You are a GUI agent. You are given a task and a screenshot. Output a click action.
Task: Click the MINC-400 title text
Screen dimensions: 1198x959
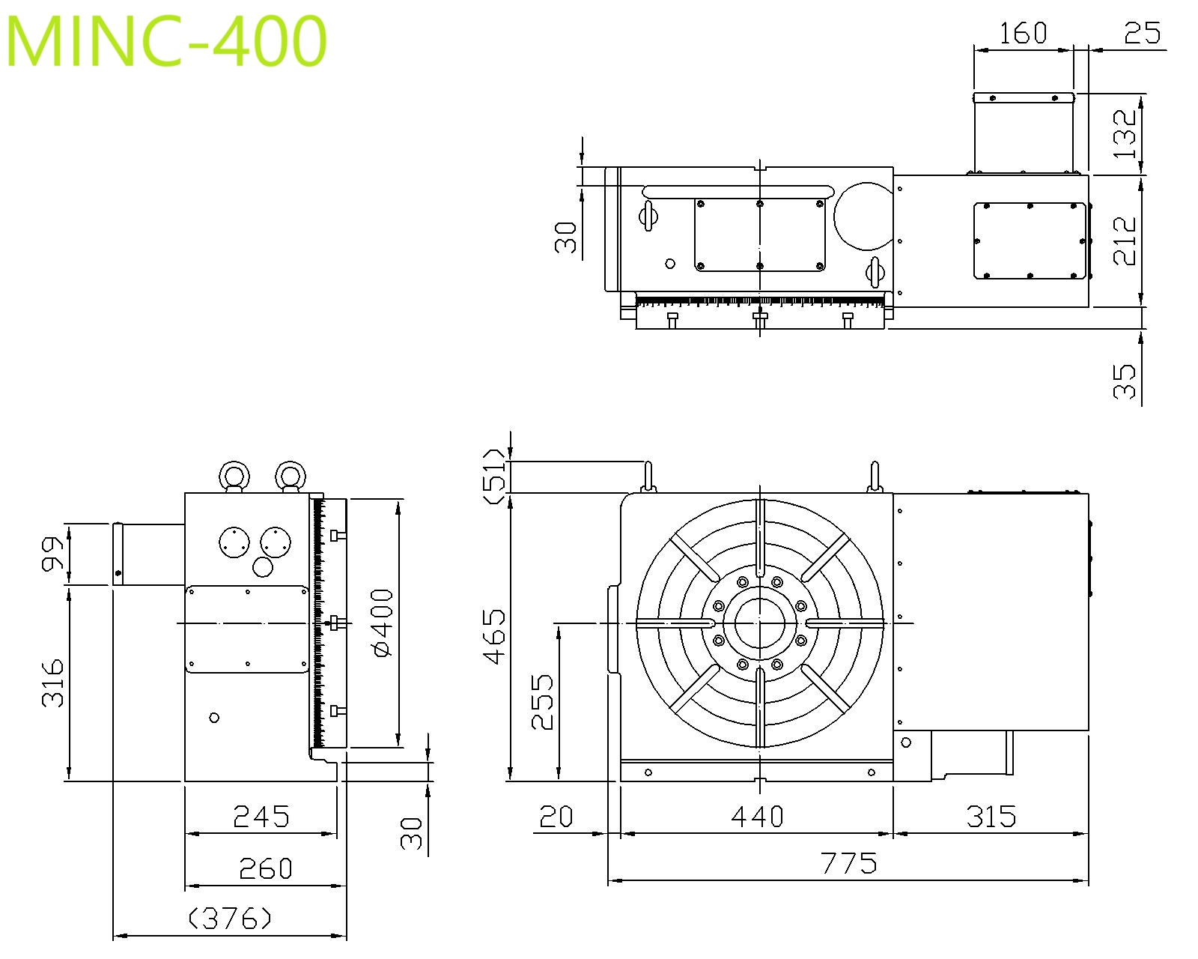(165, 40)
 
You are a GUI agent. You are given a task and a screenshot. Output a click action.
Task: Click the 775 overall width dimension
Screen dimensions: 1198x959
(848, 863)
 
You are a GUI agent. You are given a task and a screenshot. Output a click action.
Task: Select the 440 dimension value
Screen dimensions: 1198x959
(757, 817)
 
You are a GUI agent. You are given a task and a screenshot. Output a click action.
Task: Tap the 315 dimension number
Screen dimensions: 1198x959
(991, 817)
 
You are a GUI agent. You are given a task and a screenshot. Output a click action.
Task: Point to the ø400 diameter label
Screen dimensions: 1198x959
(383, 623)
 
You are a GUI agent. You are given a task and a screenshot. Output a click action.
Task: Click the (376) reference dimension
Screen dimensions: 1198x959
(230, 918)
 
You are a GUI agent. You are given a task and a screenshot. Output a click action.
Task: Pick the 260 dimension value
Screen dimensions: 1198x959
(266, 868)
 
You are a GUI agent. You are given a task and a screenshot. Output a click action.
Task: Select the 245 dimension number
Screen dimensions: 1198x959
(261, 817)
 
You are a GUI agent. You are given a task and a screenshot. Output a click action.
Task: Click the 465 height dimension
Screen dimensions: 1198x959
(493, 636)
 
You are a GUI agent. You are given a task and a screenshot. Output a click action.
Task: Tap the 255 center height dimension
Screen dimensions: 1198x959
(541, 701)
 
